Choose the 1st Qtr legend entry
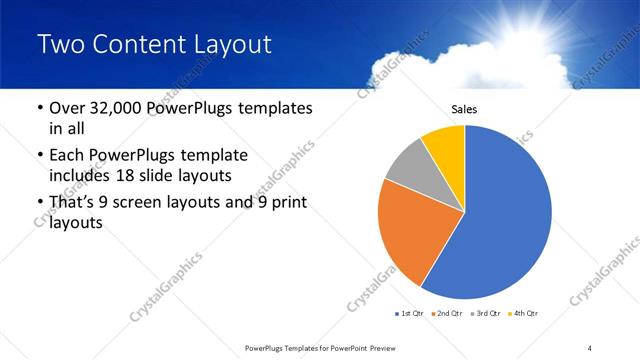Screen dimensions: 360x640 pyautogui.click(x=411, y=314)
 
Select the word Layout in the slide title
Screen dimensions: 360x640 pyautogui.click(x=237, y=45)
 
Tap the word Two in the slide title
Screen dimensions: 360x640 pyautogui.click(x=59, y=45)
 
